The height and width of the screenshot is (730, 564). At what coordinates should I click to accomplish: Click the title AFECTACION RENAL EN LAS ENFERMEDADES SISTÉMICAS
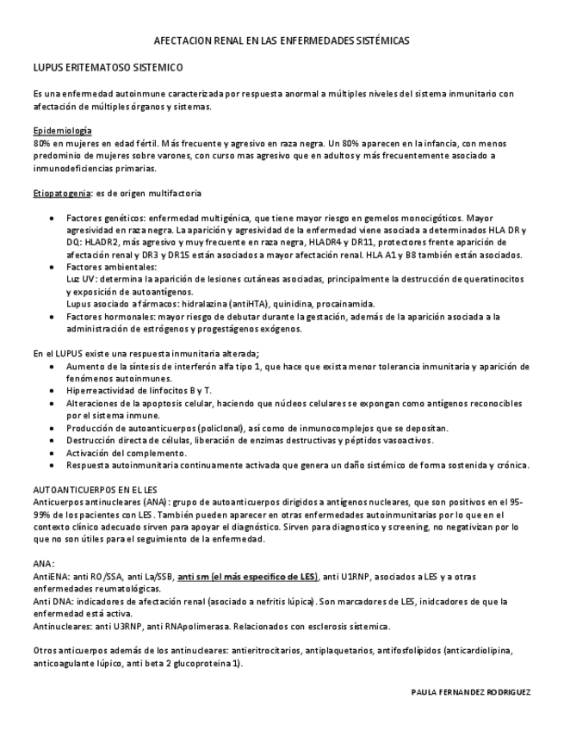tap(282, 40)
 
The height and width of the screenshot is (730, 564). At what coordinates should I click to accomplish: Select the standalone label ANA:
tap(43, 564)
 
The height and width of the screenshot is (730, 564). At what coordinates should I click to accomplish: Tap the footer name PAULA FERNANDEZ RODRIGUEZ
tap(472, 691)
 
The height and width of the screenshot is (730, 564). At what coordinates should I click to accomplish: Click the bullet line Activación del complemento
tap(126, 453)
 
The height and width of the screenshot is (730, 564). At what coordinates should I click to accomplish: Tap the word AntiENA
tap(48, 576)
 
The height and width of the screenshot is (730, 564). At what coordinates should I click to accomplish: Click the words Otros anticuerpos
tap(70, 652)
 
